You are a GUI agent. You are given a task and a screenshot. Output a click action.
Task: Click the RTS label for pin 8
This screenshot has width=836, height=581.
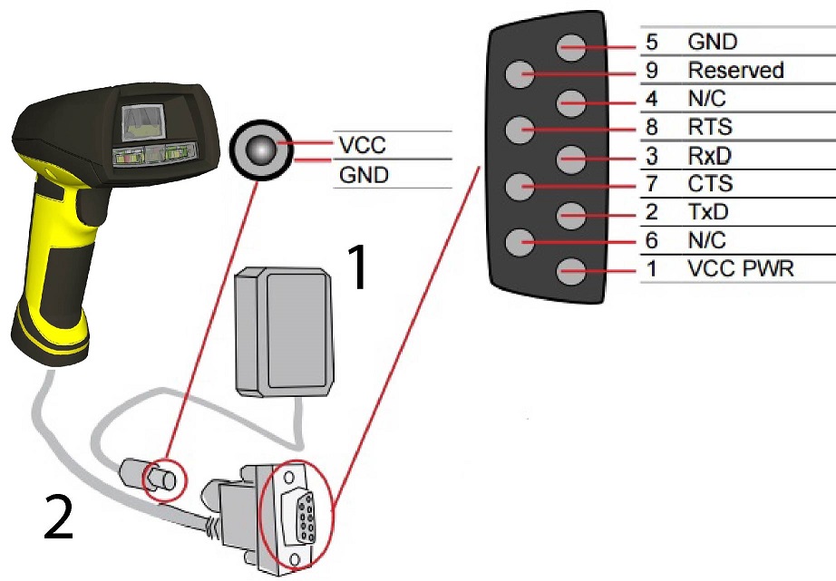point(711,127)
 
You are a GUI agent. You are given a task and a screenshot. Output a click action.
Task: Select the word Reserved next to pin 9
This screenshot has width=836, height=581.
point(735,70)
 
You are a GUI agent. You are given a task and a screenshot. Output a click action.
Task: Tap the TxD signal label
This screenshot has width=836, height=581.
point(709,213)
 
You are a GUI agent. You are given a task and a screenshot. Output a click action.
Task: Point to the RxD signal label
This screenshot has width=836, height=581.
point(710,156)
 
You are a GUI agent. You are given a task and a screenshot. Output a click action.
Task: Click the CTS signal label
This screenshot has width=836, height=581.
point(711,185)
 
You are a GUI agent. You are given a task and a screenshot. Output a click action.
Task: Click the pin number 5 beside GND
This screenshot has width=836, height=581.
point(652,42)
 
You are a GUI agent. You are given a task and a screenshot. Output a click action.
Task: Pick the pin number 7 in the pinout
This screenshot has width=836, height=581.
point(652,185)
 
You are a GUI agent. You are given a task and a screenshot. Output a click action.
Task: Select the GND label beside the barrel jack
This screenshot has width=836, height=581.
point(364,174)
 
